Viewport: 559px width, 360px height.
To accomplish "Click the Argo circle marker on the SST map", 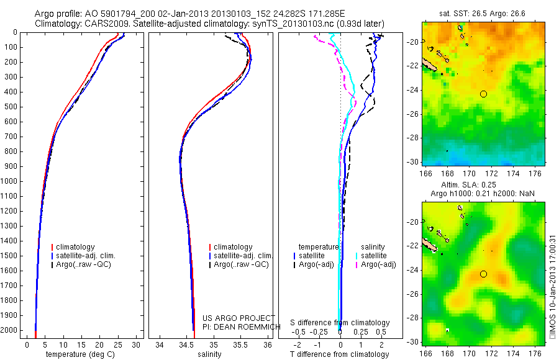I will tap(483, 94).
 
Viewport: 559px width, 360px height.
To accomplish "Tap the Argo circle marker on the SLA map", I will tap(483, 274).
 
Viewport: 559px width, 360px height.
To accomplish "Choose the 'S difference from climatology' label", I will tap(340, 323).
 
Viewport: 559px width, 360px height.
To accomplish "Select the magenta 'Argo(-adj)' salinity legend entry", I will tap(378, 265).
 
